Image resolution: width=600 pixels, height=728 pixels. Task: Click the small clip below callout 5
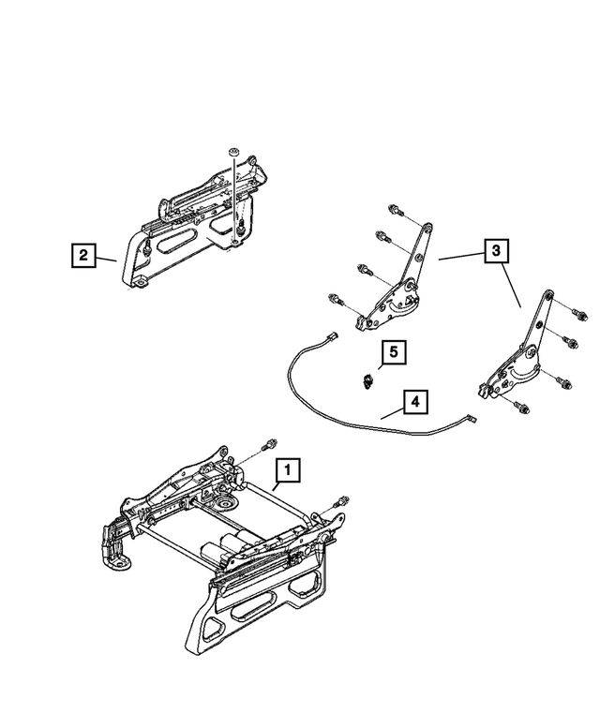(x=367, y=379)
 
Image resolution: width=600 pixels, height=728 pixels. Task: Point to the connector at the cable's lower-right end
(x=472, y=422)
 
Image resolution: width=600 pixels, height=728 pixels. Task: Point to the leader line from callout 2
(x=107, y=258)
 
